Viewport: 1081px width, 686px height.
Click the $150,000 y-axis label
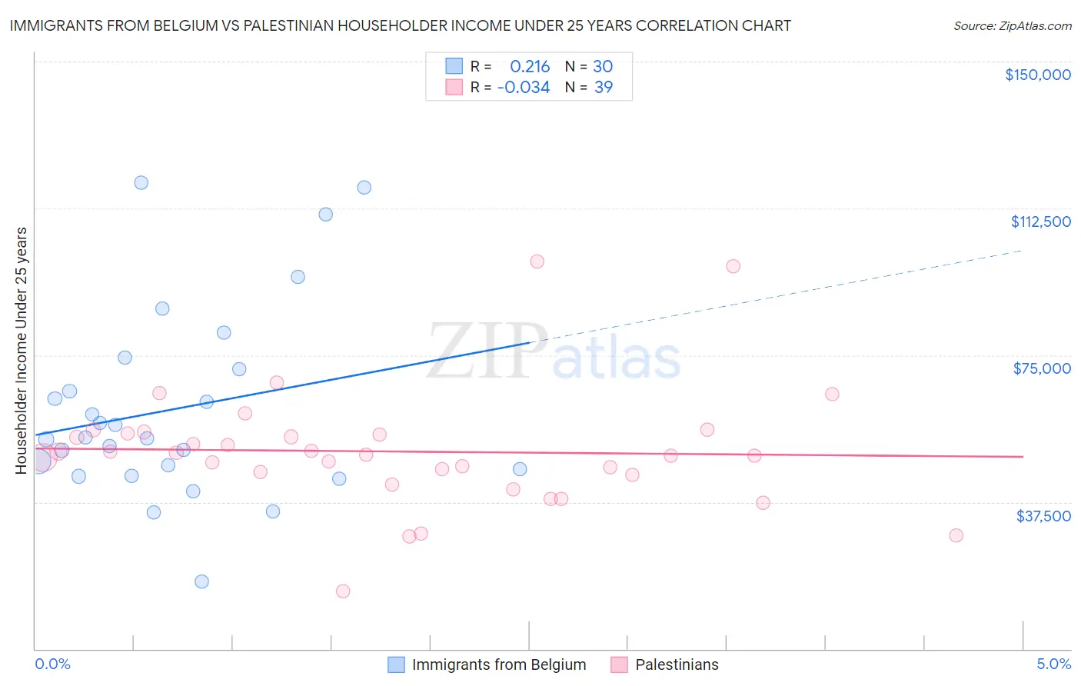(1037, 75)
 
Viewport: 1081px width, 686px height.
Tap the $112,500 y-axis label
(1040, 221)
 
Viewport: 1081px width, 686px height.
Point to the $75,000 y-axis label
(1042, 368)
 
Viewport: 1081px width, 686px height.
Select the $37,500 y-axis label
(1043, 516)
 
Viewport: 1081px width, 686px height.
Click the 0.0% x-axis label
(52, 664)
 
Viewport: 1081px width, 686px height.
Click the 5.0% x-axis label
(1053, 664)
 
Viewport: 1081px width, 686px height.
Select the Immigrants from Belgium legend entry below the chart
(498, 664)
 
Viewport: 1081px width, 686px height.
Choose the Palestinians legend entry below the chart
(677, 664)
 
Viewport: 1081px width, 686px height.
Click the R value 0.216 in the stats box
(530, 67)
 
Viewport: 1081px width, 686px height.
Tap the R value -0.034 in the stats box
(524, 88)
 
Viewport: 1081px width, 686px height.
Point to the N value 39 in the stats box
(604, 88)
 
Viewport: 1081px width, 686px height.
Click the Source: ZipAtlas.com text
(1012, 26)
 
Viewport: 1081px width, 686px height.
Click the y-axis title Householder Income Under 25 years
(22, 350)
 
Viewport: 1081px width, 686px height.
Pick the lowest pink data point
(343, 591)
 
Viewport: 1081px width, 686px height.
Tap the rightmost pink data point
(956, 535)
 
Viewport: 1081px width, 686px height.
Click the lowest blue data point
(201, 581)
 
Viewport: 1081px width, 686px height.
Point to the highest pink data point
(537, 261)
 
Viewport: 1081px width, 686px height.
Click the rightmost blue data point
(520, 469)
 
